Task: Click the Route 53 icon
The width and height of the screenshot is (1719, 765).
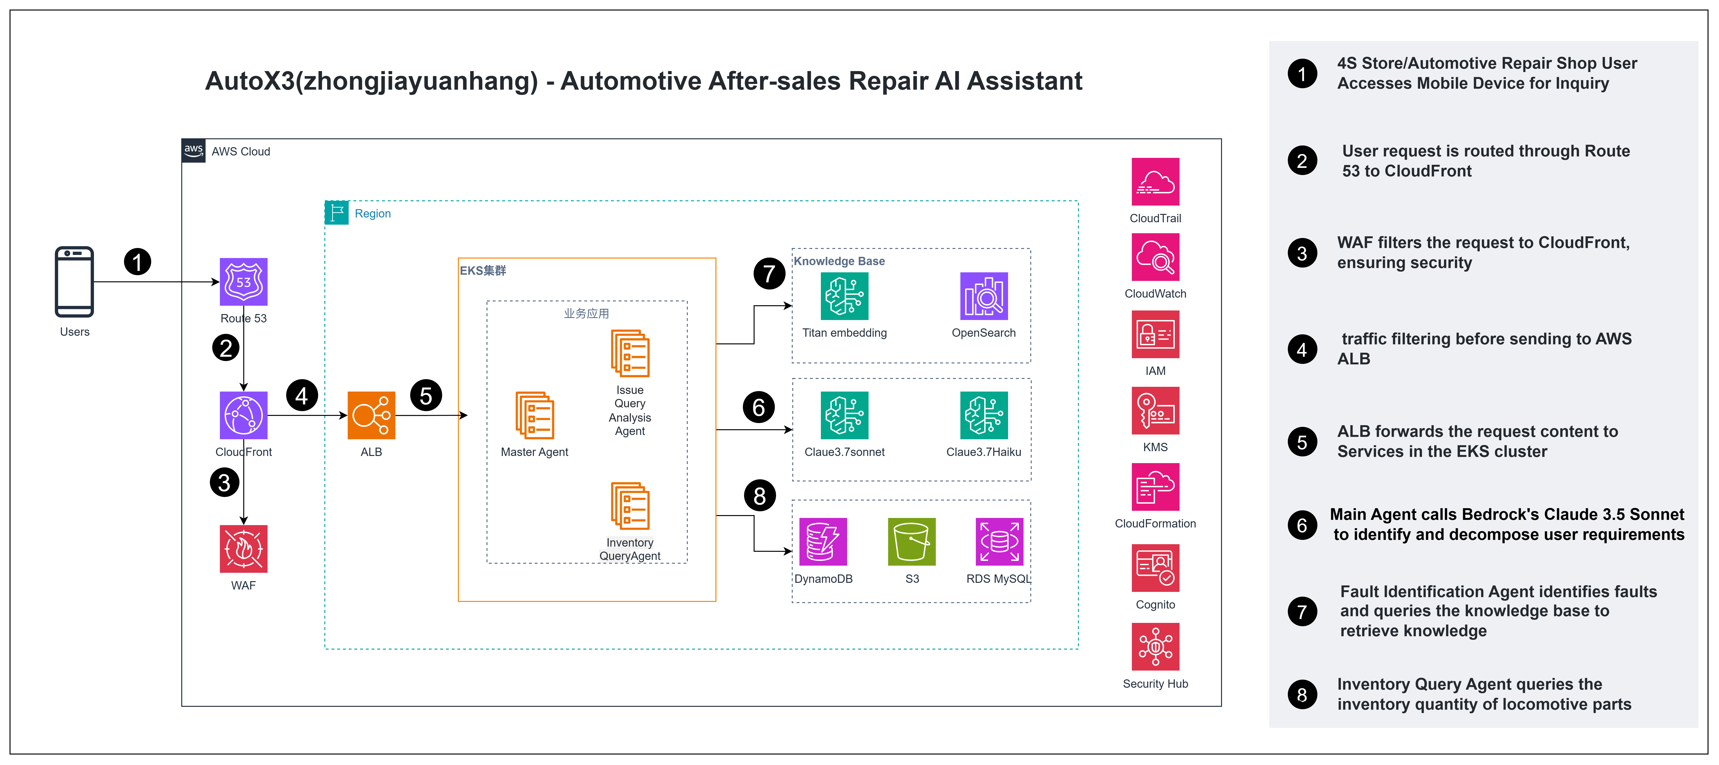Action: point(243,282)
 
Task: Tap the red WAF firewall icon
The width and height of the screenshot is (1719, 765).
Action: point(243,549)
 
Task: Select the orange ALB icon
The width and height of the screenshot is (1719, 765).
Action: point(371,415)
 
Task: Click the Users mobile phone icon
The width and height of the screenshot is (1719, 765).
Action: point(74,282)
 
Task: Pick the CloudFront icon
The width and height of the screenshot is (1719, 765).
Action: point(243,415)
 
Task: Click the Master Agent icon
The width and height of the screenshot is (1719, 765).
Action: point(534,415)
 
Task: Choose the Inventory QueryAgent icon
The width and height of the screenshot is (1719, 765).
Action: point(630,506)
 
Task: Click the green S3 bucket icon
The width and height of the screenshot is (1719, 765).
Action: point(911,541)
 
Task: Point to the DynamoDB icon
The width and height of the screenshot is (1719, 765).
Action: point(823,541)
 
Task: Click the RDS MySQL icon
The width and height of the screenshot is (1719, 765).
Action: point(999,541)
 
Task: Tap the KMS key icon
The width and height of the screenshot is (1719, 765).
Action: point(1155,411)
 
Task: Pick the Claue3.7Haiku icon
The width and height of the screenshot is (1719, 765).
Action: point(984,415)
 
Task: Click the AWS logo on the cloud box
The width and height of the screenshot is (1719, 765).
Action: point(193,151)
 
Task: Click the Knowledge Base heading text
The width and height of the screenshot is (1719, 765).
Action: point(839,261)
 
